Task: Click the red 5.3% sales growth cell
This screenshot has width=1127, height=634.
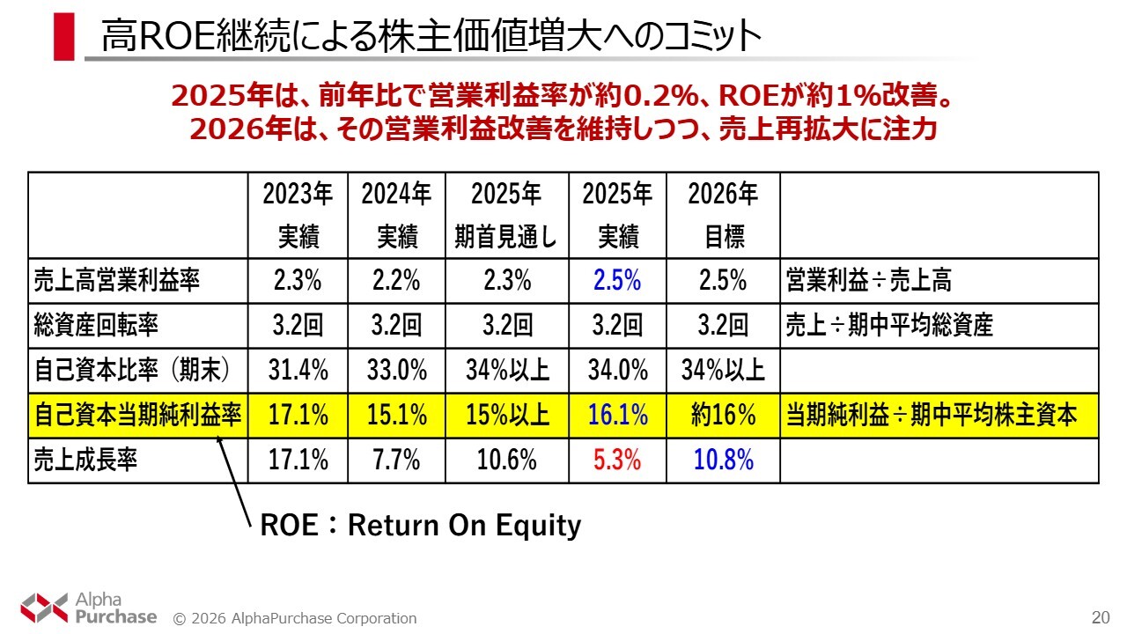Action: click(x=617, y=460)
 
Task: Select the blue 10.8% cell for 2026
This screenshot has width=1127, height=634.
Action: click(x=723, y=460)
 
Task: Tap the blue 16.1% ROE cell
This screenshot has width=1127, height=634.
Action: click(x=617, y=415)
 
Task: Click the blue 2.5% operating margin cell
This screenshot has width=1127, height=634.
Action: click(x=617, y=282)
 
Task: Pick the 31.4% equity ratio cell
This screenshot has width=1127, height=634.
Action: click(x=298, y=370)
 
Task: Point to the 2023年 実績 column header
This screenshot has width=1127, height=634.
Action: click(x=298, y=215)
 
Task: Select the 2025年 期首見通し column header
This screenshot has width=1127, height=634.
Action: click(x=506, y=215)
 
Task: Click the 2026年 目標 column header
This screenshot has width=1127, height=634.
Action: click(x=723, y=215)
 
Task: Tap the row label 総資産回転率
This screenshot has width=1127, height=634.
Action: click(x=97, y=326)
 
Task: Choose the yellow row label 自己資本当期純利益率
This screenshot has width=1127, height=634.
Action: click(x=137, y=415)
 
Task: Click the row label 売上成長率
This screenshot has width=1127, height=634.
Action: click(x=86, y=460)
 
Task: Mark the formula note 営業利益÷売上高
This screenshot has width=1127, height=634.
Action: click(x=867, y=282)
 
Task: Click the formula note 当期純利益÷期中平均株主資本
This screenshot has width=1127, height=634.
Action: click(x=931, y=415)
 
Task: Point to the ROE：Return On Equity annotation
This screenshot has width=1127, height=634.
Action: click(x=421, y=526)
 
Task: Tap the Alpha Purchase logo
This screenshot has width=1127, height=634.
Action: click(x=88, y=608)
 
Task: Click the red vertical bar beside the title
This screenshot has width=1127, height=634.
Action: click(x=63, y=37)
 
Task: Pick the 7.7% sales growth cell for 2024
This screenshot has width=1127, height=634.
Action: click(x=396, y=460)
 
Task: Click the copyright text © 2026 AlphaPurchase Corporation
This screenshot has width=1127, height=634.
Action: click(x=295, y=618)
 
